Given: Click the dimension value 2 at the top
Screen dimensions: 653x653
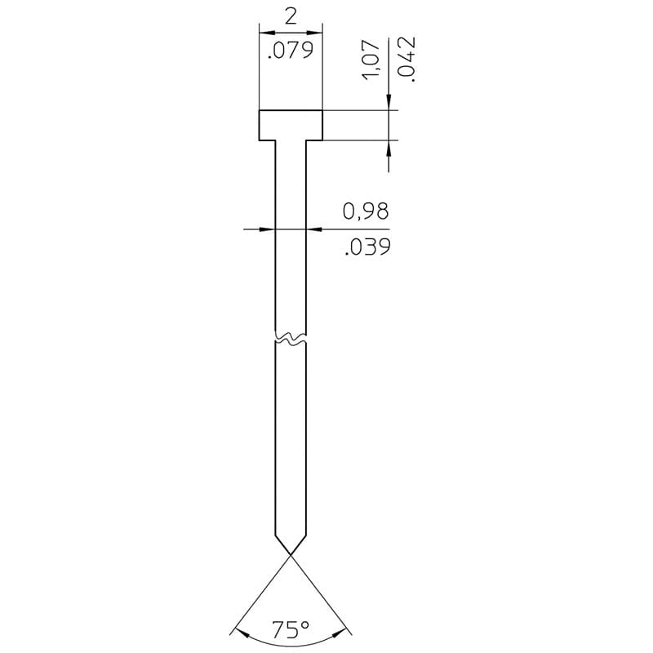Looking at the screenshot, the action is coord(291,17).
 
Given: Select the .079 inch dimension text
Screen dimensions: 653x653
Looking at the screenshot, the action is coord(291,50).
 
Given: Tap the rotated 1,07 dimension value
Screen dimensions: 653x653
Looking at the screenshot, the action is coord(372,60).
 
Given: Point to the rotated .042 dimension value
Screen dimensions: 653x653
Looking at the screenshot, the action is coord(406,59).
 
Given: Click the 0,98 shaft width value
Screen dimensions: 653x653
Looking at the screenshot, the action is coord(366,211).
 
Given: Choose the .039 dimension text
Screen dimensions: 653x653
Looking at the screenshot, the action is coord(367,247).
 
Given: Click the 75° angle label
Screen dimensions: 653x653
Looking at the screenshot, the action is coord(291,629).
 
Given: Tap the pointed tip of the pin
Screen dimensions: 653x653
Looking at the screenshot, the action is coord(291,554).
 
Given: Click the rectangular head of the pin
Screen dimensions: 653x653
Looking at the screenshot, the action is coord(291,125).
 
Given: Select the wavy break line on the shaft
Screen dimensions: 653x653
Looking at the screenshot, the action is coord(291,338).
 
